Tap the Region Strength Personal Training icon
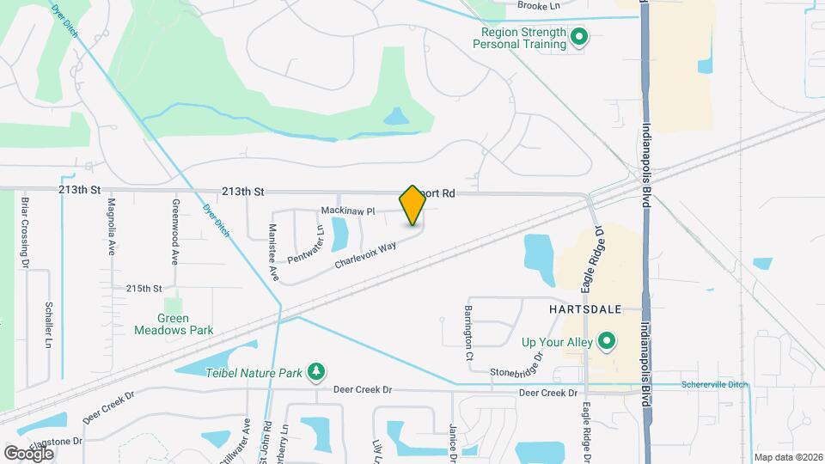pyautogui.click(x=579, y=37)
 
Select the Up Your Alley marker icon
pyautogui.click(x=608, y=342)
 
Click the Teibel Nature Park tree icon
pyautogui.click(x=317, y=372)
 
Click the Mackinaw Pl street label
pyautogui.click(x=348, y=211)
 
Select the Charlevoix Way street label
pyautogui.click(x=365, y=255)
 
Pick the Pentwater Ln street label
pyautogui.click(x=305, y=245)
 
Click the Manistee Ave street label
pyautogui.click(x=274, y=253)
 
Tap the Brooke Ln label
pyautogui.click(x=538, y=5)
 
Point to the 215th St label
pyautogui.click(x=144, y=289)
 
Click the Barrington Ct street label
pyautogui.click(x=469, y=332)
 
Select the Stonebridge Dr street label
pyautogui.click(x=517, y=366)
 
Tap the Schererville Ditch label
pyautogui.click(x=714, y=384)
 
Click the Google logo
pyautogui.click(x=29, y=452)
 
